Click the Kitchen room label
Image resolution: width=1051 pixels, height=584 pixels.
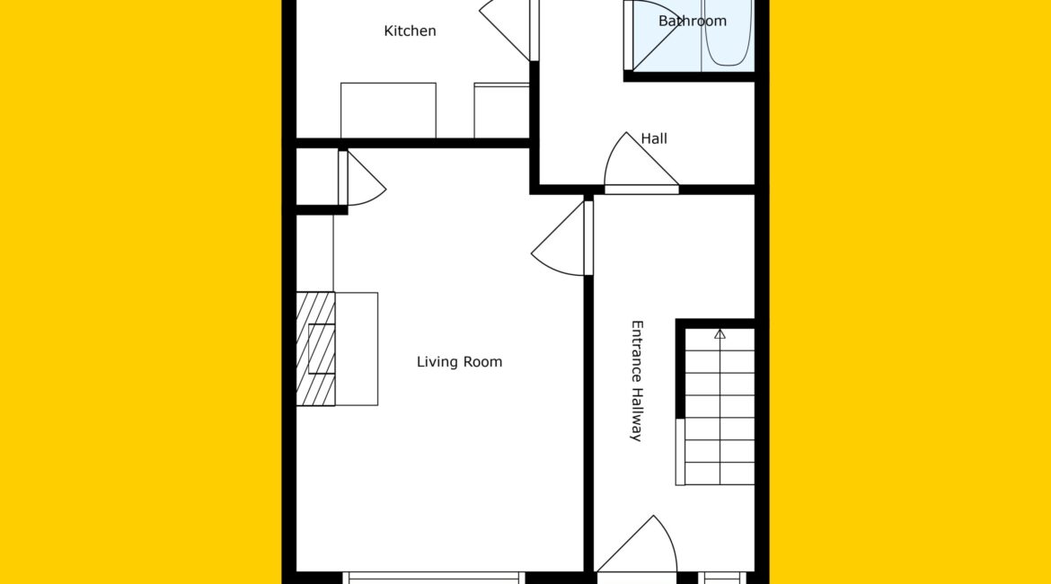click(x=410, y=31)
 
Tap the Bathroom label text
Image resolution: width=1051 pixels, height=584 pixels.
click(x=693, y=21)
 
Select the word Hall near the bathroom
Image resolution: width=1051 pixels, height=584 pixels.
click(x=654, y=138)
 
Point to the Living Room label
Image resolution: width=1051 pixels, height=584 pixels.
click(x=459, y=362)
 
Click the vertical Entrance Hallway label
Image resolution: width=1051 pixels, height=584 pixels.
click(x=637, y=381)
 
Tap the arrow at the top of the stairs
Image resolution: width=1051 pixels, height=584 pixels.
click(x=720, y=333)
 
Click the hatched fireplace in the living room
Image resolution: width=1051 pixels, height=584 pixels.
click(x=315, y=349)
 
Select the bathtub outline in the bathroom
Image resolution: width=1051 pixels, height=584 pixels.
click(x=728, y=32)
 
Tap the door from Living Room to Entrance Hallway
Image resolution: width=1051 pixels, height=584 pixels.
click(x=562, y=238)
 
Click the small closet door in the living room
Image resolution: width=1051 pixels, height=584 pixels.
click(x=362, y=179)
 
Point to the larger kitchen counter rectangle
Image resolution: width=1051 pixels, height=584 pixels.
click(x=388, y=111)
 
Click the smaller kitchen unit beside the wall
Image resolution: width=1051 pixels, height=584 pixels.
click(x=501, y=111)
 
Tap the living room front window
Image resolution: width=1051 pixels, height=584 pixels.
click(x=434, y=578)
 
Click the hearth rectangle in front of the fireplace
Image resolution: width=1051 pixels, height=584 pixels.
click(x=357, y=349)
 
